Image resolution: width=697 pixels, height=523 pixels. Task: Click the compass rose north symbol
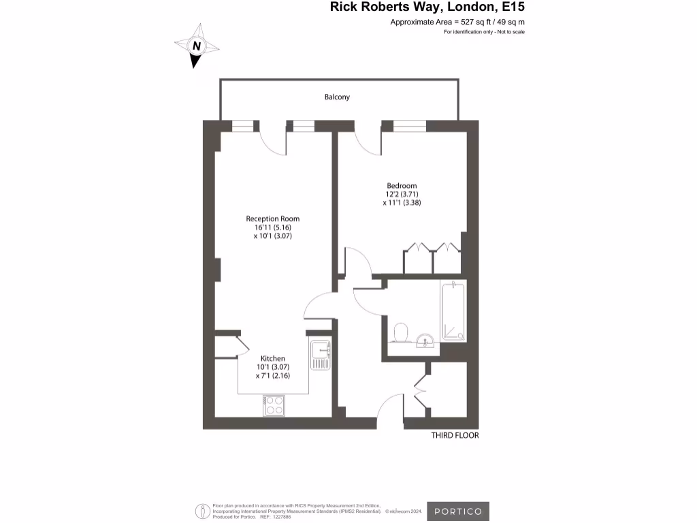pos(197,46)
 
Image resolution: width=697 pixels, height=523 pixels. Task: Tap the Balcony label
pos(337,97)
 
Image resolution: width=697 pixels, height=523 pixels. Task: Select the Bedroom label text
pos(402,186)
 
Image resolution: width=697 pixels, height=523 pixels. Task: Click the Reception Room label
pos(272,219)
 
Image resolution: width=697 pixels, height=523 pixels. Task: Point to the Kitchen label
pos(273,358)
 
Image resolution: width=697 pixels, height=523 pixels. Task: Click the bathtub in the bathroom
pos(454,311)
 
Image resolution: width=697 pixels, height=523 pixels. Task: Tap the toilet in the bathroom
pos(403,333)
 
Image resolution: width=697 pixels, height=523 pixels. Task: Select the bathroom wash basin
pos(425,340)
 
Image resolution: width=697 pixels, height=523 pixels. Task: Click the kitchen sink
pos(320,353)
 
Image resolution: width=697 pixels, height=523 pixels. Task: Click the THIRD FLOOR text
pos(455,436)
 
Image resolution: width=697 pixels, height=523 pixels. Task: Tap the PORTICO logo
pos(458,511)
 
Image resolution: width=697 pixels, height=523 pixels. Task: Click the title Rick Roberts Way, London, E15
pos(427,7)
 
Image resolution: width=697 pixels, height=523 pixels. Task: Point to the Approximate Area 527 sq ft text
pos(457,22)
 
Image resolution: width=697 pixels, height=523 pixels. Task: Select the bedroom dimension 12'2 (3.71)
pos(402,194)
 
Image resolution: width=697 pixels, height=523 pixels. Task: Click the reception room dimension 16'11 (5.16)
pos(272,227)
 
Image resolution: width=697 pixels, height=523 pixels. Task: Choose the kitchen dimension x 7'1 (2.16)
pos(273,375)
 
